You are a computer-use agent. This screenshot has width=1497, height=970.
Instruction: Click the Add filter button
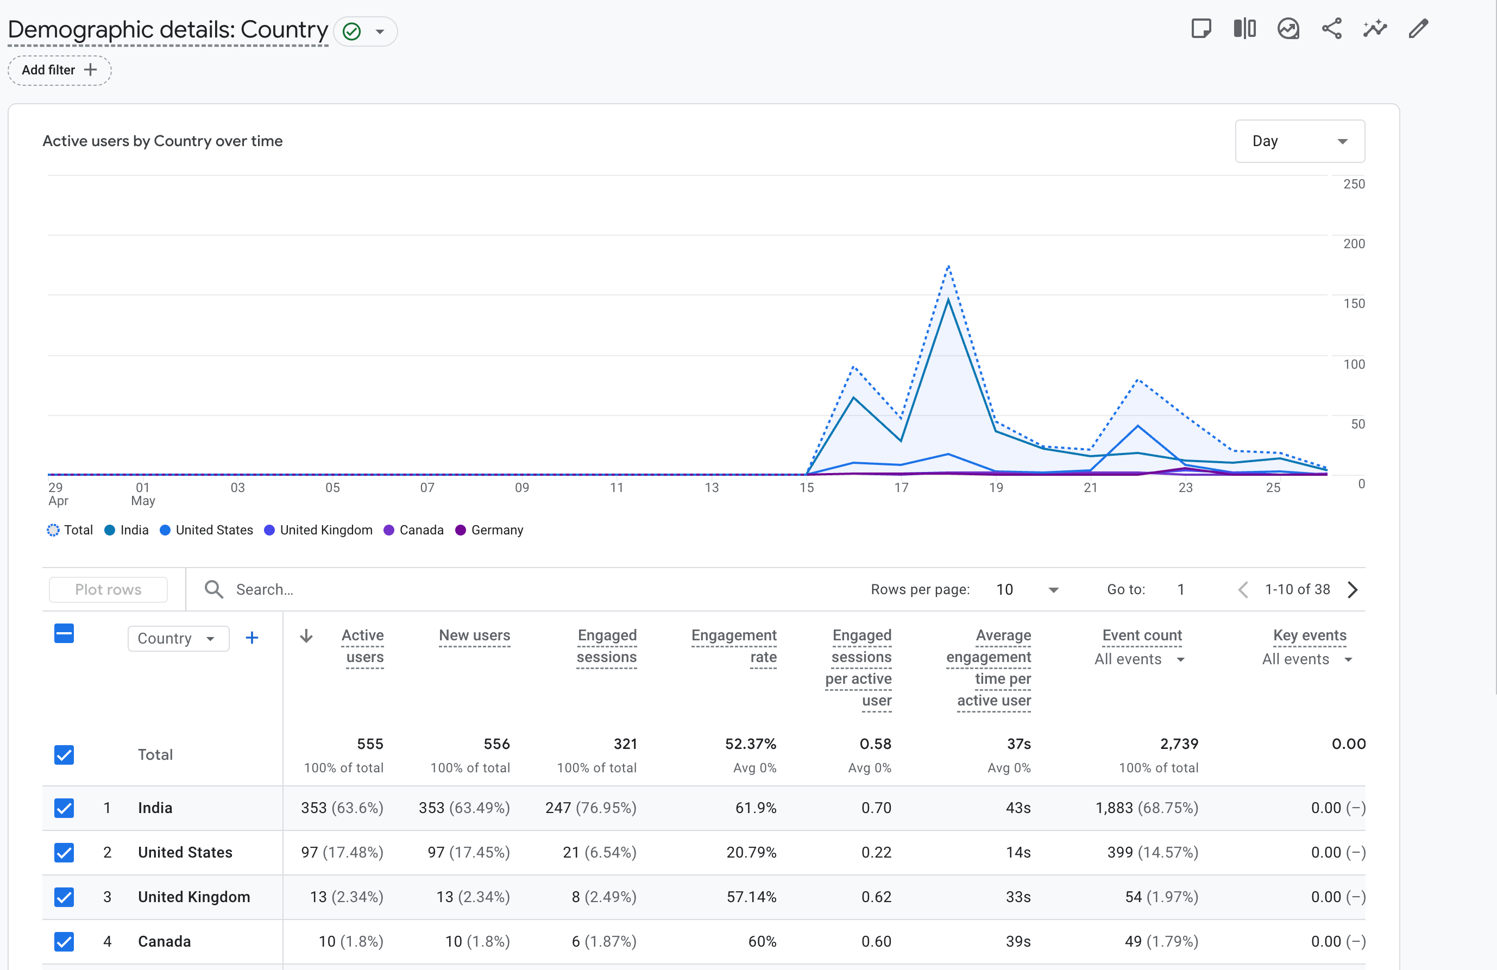(60, 70)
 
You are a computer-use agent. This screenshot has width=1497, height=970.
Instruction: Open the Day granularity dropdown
(1299, 141)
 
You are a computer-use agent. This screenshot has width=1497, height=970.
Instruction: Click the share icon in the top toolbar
(1331, 29)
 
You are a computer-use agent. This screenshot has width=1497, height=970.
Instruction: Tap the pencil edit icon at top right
(1418, 29)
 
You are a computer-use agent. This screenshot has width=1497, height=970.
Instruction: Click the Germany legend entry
(489, 530)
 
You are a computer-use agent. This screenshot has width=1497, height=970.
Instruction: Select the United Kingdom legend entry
(318, 530)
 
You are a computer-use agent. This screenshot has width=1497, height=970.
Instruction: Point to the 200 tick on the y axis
(1354, 243)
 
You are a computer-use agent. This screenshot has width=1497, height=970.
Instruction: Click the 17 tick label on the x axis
(901, 488)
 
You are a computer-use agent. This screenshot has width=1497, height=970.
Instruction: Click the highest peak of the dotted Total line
(948, 267)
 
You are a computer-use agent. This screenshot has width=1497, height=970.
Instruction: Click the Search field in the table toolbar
(264, 589)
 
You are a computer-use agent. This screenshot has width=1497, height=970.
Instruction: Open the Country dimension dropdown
(178, 639)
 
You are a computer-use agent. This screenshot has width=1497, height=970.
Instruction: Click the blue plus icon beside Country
(251, 638)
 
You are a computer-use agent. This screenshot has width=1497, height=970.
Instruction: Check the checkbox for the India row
(64, 808)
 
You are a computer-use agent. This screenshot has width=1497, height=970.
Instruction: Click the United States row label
(185, 852)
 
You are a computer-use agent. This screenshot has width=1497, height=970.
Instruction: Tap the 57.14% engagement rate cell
(751, 897)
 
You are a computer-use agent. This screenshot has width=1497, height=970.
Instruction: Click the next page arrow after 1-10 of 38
(1353, 589)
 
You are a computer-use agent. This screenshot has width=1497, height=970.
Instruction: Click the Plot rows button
(108, 589)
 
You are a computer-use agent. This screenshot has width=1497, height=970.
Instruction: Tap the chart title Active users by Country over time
(162, 141)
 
